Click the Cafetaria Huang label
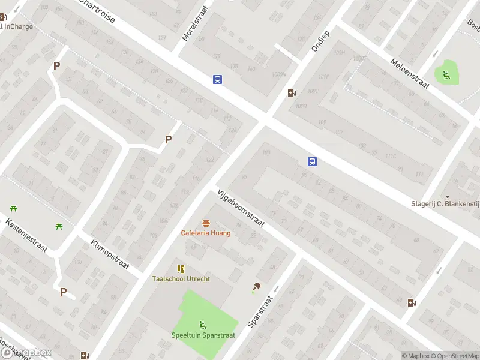(x=206, y=233)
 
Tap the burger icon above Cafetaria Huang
(x=206, y=223)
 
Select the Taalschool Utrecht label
(x=181, y=279)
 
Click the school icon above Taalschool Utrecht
(x=181, y=269)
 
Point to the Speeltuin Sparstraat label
(x=203, y=335)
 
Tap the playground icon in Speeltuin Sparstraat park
(x=203, y=325)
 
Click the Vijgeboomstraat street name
(x=241, y=208)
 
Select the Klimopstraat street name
(x=110, y=255)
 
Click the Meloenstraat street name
(x=410, y=74)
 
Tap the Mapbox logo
(x=26, y=353)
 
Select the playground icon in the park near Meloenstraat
(x=446, y=74)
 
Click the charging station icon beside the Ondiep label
(x=292, y=92)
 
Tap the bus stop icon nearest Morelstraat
(x=217, y=79)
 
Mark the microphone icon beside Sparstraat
(x=256, y=287)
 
